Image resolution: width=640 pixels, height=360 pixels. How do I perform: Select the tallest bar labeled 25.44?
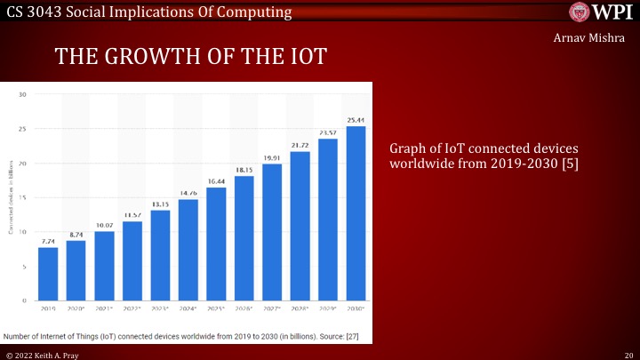356,213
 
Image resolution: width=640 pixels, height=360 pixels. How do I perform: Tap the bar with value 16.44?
216,244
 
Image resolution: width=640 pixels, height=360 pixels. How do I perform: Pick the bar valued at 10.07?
104,266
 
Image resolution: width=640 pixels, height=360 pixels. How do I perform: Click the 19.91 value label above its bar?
272,157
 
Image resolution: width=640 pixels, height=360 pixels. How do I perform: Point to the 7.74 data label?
48,241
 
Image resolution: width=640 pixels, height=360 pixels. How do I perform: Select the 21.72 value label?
300,145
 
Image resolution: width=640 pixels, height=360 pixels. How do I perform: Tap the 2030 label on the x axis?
356,308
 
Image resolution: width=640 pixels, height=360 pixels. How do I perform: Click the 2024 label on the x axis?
188,308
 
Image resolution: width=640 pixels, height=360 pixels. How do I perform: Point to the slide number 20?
628,354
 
